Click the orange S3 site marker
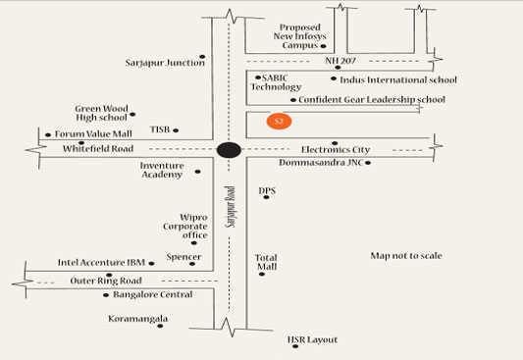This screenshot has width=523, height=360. point(279,122)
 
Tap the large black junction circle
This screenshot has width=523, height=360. point(229,150)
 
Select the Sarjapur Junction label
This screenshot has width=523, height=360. point(165,63)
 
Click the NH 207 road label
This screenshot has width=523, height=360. point(340,62)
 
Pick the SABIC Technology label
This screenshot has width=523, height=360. point(276,81)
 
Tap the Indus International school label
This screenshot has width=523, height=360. point(398,79)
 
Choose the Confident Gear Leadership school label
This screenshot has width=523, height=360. point(372,99)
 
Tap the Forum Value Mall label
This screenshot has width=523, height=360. point(93,134)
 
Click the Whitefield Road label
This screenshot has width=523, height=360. point(97,148)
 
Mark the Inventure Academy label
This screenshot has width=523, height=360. point(162,171)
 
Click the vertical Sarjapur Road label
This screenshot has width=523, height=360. point(231,208)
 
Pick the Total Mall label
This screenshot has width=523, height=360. point(266,262)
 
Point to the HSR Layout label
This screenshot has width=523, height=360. point(312,339)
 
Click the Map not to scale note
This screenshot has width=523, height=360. point(405,256)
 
